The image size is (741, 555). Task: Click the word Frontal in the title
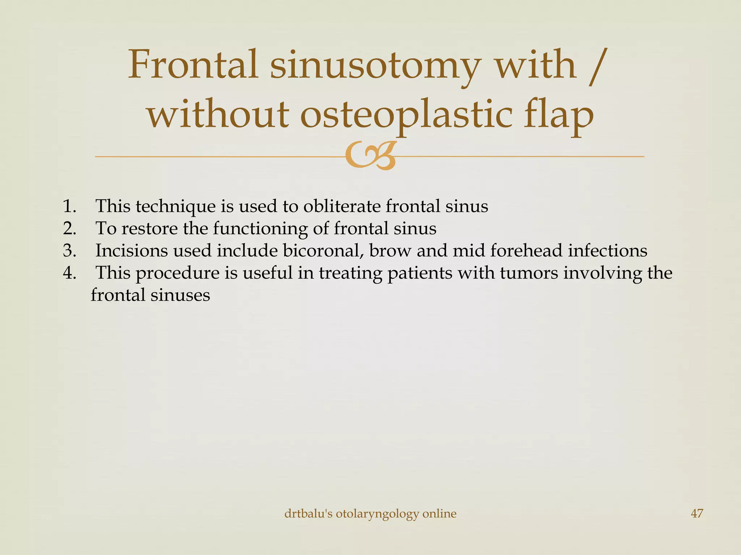pos(193,65)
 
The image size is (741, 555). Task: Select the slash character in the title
pos(596,67)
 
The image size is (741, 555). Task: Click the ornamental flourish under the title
pos(370,156)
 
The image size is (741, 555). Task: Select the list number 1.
pos(69,206)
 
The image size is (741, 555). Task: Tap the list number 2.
pos(69,229)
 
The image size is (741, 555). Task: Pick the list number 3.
pos(69,251)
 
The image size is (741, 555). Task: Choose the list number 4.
pos(69,273)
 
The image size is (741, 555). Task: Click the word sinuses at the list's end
pos(180,295)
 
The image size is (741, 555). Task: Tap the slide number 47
pos(697,513)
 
